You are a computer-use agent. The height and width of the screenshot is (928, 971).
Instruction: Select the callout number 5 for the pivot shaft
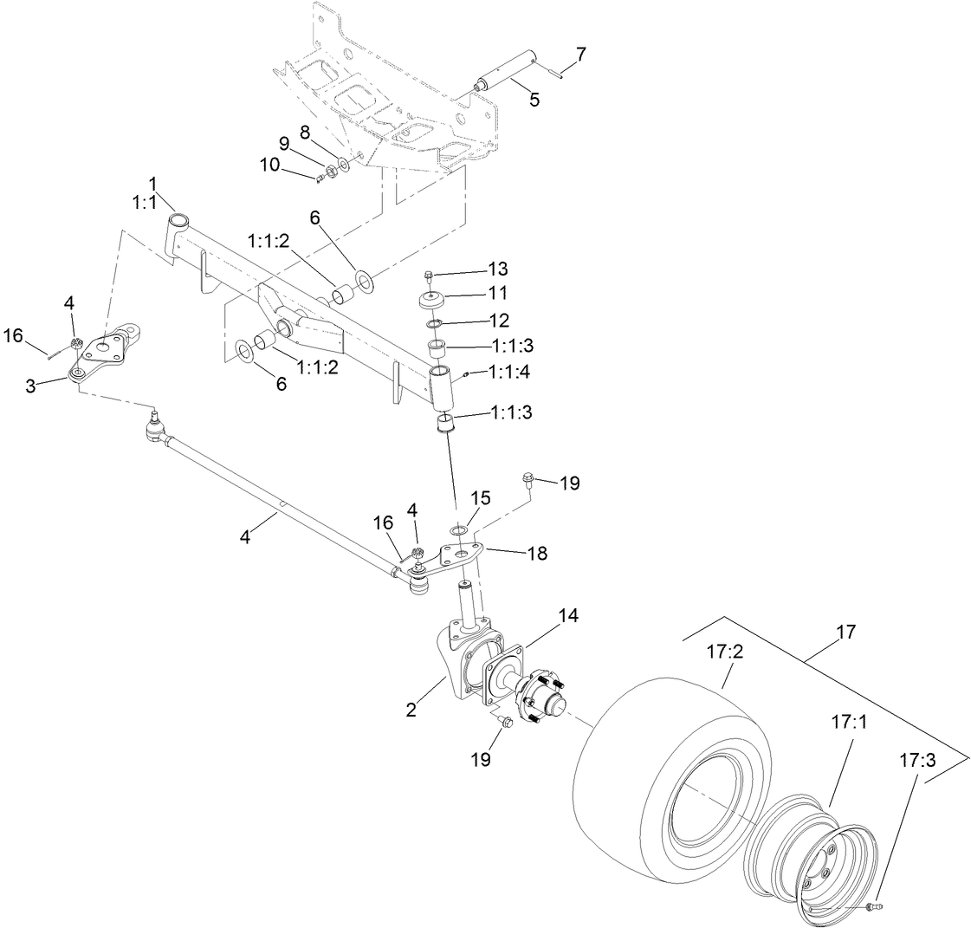534,100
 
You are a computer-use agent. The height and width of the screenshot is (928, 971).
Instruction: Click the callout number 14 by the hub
568,615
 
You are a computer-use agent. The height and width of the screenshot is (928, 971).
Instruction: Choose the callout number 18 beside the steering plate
537,553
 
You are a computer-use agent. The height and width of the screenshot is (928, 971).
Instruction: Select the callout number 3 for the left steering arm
31,385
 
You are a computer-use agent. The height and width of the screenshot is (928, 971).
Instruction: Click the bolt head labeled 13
430,276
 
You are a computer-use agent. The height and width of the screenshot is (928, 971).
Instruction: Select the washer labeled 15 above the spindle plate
459,529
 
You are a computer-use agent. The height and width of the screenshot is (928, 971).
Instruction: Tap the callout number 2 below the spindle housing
411,710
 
